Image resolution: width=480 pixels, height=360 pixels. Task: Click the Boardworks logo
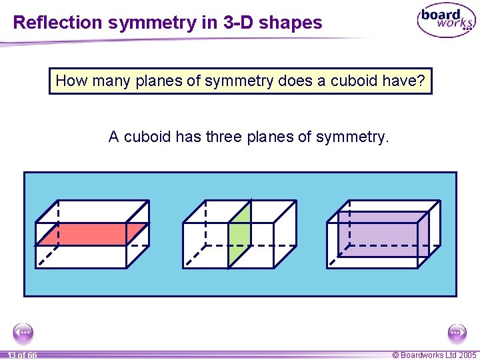[446, 22]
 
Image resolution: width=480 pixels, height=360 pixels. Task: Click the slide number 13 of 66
[22, 355]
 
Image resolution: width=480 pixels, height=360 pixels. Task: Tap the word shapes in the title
[291, 23]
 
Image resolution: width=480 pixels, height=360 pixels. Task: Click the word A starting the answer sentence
[114, 137]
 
